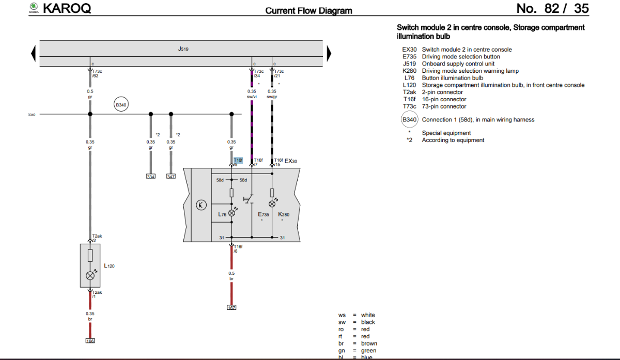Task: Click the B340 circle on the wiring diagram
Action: point(121,105)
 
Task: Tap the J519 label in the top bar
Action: point(183,49)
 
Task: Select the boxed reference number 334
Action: point(151,177)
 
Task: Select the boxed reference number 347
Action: point(171,177)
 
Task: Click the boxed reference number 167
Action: point(231,308)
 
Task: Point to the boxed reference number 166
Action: point(90,341)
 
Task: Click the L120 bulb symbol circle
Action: point(90,275)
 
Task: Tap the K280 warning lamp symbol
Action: point(272,204)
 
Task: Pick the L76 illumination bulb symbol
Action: point(231,213)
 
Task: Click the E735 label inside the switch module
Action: point(263,214)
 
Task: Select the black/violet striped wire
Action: point(252,129)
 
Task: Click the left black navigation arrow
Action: point(34,53)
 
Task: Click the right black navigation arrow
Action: point(329,53)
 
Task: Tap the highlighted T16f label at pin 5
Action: point(238,161)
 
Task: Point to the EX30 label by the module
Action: point(291,161)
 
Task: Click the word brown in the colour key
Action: point(369,343)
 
